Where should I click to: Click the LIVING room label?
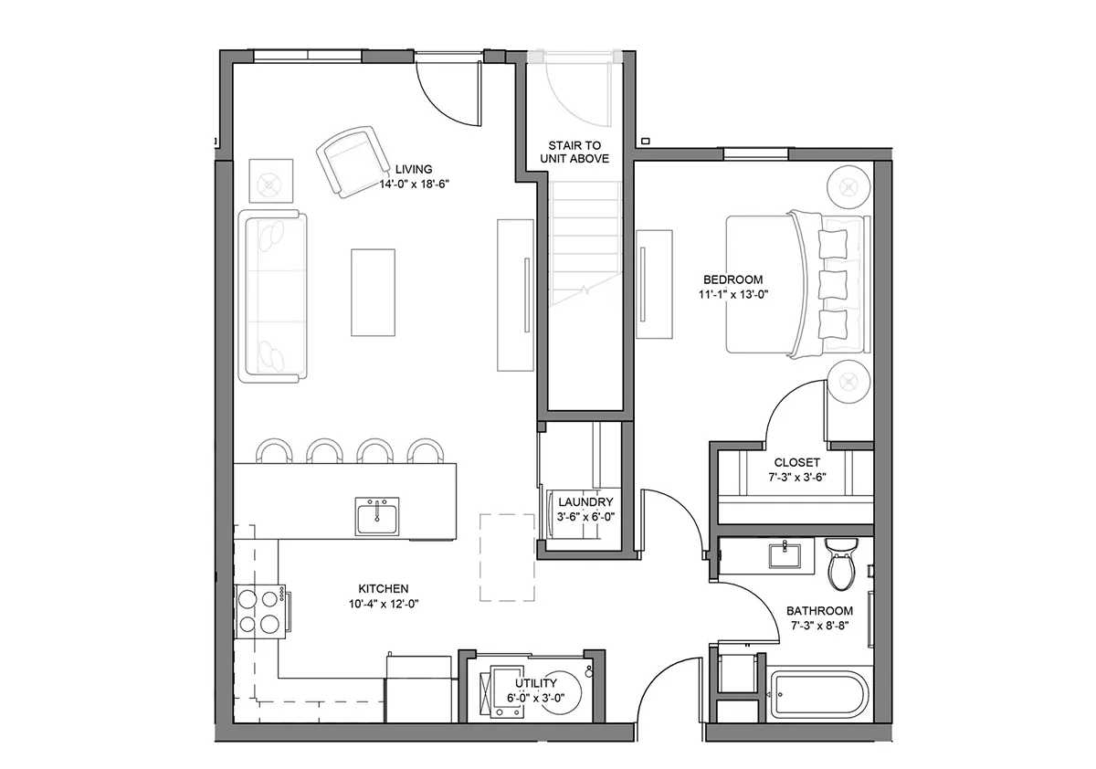414,169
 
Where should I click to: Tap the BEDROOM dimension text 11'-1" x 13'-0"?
733,294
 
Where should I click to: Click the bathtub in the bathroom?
817,696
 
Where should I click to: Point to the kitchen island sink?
376,516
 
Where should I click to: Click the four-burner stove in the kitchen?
259,612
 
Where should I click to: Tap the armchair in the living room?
351,162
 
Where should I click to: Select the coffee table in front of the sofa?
373,292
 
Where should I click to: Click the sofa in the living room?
272,296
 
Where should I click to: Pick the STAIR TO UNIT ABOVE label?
574,153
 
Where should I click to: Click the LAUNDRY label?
585,502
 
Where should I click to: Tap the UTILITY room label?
536,683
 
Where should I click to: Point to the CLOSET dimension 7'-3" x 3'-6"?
797,477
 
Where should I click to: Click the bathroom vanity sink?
785,556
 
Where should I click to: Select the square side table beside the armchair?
271,181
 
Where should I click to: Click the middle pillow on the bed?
832,284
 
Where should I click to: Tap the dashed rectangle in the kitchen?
507,557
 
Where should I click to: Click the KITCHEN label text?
383,588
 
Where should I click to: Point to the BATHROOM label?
819,610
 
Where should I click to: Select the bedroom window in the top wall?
756,153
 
